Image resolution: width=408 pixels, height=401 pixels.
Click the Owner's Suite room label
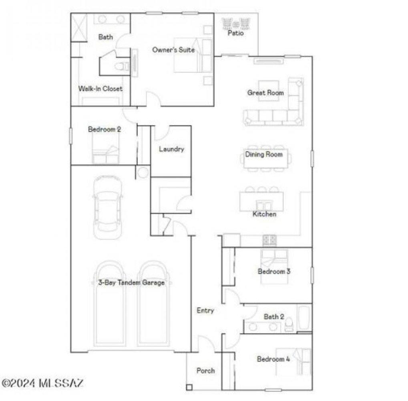click(x=173, y=50)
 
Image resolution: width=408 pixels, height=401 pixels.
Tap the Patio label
click(x=235, y=33)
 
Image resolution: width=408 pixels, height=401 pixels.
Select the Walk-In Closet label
click(x=100, y=89)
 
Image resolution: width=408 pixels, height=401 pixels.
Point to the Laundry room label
click(x=171, y=149)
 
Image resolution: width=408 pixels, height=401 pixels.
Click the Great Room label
click(x=265, y=93)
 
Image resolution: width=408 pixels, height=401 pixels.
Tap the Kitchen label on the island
click(x=264, y=214)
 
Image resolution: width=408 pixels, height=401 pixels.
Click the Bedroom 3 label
click(x=274, y=271)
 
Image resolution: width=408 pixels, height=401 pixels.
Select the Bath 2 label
click(x=274, y=317)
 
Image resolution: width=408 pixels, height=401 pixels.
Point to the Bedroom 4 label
click(x=273, y=359)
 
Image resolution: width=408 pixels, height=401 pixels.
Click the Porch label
click(x=205, y=371)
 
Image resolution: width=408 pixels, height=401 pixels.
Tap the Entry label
click(x=205, y=310)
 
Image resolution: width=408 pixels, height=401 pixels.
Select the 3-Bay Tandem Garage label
click(x=131, y=283)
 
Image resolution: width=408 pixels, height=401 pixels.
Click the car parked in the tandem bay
click(x=107, y=209)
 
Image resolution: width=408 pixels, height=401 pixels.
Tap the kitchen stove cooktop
click(x=269, y=240)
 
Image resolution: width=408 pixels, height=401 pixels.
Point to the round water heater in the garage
click(x=143, y=172)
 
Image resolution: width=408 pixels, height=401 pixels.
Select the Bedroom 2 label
click(x=105, y=130)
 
